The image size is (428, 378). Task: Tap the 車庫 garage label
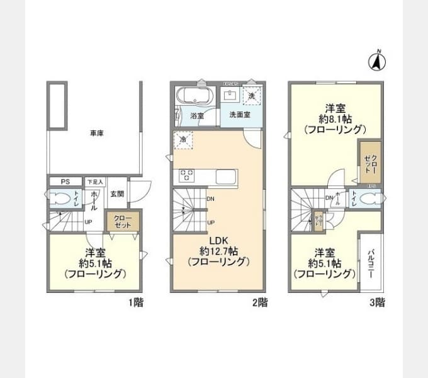coord(96,134)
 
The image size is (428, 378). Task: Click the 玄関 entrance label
coord(116,194)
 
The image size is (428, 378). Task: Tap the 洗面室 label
coord(239,115)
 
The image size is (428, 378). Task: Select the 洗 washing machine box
coord(251,96)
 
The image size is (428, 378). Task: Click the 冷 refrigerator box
coord(184,140)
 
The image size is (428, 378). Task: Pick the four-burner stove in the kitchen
coord(188,176)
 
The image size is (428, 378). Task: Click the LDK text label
coord(218,239)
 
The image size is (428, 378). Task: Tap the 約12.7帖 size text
coord(218,251)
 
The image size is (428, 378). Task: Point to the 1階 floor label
coord(136,302)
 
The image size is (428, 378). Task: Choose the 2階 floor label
coord(260,302)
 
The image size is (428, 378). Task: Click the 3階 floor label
coord(377,302)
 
